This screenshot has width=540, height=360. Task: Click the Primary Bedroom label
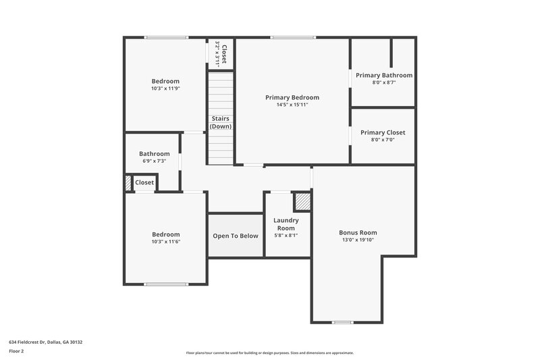pyautogui.click(x=292, y=97)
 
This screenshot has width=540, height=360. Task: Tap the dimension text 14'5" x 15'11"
pyautogui.click(x=292, y=105)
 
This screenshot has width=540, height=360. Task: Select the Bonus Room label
pyautogui.click(x=358, y=232)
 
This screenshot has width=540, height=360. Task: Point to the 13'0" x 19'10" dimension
pyautogui.click(x=358, y=240)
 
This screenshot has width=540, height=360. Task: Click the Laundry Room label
pyautogui.click(x=286, y=224)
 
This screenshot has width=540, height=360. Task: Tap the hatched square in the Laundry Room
pyautogui.click(x=302, y=201)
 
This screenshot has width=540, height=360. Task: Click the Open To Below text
pyautogui.click(x=235, y=236)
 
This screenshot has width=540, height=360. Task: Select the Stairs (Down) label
pyautogui.click(x=219, y=122)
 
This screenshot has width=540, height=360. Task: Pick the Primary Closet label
pyautogui.click(x=382, y=132)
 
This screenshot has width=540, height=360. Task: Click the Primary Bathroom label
pyautogui.click(x=383, y=76)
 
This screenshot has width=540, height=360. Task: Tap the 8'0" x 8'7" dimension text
pyautogui.click(x=383, y=82)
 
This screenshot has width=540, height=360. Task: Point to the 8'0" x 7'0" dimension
pyautogui.click(x=382, y=140)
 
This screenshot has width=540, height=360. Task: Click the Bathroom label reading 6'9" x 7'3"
pyautogui.click(x=154, y=153)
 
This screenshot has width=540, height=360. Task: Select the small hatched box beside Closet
pyautogui.click(x=128, y=182)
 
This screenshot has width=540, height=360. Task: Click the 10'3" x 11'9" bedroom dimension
pyautogui.click(x=165, y=88)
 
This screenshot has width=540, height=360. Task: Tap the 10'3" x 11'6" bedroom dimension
pyautogui.click(x=165, y=242)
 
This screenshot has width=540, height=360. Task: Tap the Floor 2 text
pyautogui.click(x=16, y=351)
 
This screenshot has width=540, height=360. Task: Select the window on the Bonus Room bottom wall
pyautogui.click(x=343, y=322)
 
